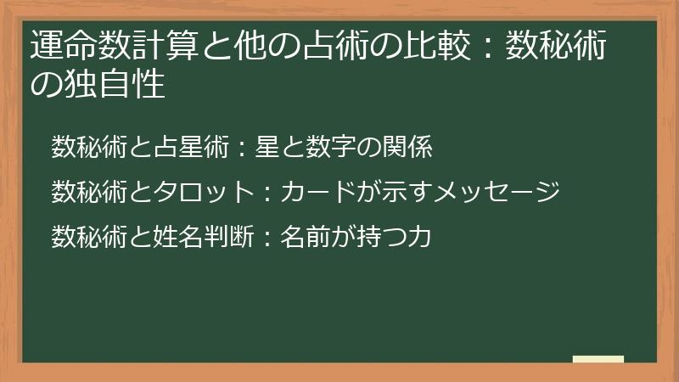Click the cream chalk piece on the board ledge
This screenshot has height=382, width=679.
tap(598, 359)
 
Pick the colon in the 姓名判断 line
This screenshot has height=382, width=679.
tap(265, 237)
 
